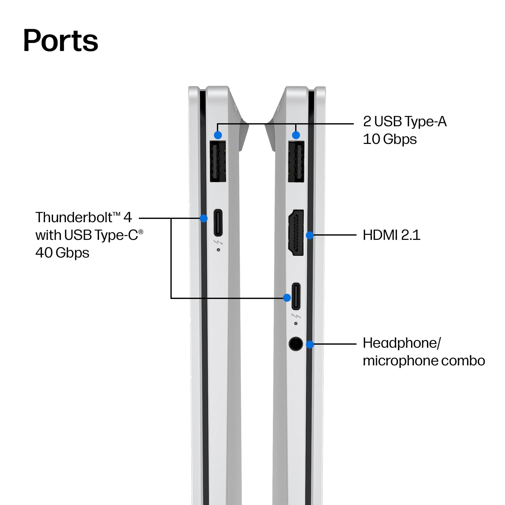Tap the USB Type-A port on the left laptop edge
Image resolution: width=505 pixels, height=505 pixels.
[x=218, y=161]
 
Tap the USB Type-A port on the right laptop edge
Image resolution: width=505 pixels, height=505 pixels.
[x=296, y=161]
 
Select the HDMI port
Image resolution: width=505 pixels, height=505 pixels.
[x=296, y=233]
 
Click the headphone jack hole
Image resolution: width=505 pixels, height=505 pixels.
[x=296, y=344]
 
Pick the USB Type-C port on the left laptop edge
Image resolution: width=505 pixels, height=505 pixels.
[x=218, y=222]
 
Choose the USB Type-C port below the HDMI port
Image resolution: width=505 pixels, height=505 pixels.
[x=296, y=296]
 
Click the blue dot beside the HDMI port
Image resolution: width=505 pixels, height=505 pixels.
[x=310, y=235]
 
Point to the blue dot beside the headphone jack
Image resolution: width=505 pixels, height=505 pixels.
[x=310, y=344]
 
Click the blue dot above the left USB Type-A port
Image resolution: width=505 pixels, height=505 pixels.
[x=218, y=135]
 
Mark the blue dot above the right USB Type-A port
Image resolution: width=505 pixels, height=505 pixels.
[x=296, y=135]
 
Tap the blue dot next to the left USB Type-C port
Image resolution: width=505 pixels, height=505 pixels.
[x=204, y=218]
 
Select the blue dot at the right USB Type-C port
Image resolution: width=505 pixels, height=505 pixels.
[x=287, y=298]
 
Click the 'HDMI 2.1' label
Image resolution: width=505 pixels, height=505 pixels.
[x=392, y=235]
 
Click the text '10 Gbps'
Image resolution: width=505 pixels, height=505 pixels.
[x=390, y=139]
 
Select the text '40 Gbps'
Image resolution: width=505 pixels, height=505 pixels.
[x=62, y=253]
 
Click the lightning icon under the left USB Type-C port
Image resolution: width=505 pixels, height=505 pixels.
[x=218, y=242]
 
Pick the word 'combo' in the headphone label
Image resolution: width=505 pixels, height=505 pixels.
[x=463, y=361]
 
